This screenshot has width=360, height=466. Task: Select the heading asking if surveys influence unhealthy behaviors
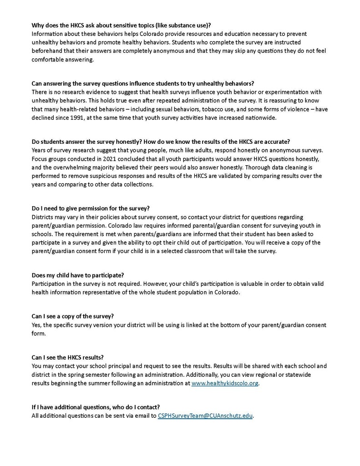[x=142, y=83]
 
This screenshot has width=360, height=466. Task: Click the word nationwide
[x=259, y=118]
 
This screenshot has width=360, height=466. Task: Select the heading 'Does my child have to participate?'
[x=78, y=275]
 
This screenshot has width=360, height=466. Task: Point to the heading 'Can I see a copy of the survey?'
[x=72, y=316]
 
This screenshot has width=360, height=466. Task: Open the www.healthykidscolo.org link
[x=225, y=383]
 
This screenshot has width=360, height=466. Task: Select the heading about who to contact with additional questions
[x=96, y=407]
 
